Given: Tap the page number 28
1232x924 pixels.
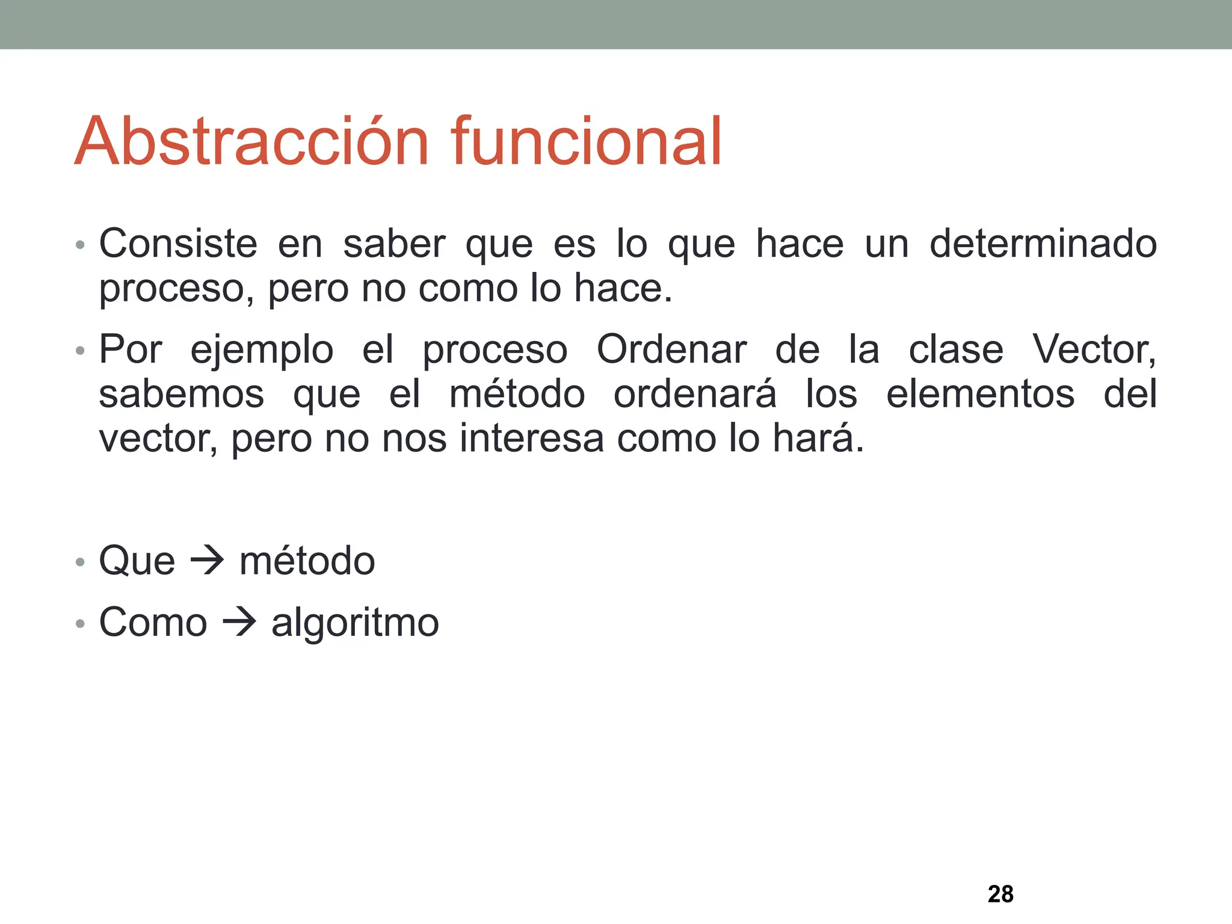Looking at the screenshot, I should tap(1000, 894).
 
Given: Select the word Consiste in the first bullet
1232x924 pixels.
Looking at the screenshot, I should tap(178, 244).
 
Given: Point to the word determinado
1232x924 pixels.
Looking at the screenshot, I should tap(1043, 244).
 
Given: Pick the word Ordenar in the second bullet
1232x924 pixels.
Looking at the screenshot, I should tap(671, 350).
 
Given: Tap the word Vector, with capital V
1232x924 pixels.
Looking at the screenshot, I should tap(1094, 350).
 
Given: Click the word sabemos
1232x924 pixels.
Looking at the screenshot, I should tap(182, 395).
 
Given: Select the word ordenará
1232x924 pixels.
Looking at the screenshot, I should tap(695, 395).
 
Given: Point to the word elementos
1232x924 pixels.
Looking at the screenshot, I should tap(980, 395).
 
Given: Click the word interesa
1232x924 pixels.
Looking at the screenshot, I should tap(532, 439).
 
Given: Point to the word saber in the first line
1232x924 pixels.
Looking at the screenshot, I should tap(394, 244).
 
